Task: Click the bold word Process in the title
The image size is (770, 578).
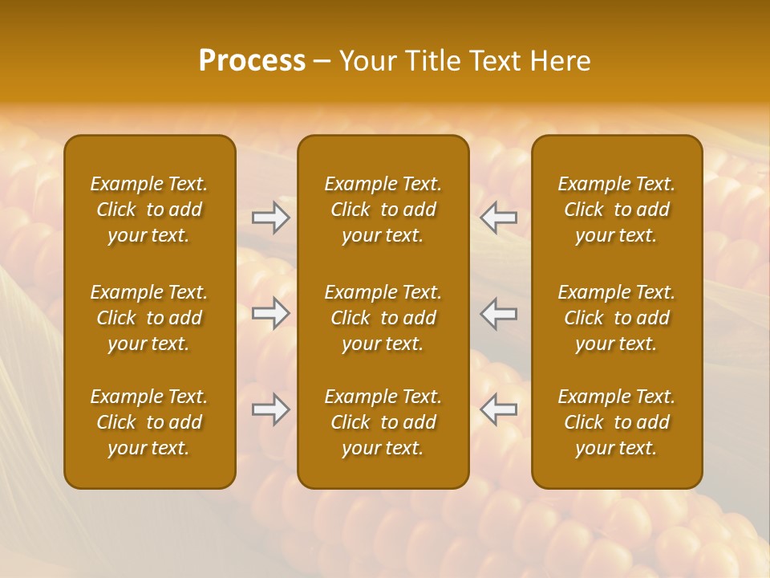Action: point(252,61)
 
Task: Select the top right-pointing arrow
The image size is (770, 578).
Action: point(271,218)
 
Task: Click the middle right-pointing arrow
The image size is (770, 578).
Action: point(271,313)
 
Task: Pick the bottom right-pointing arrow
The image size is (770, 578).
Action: point(271,409)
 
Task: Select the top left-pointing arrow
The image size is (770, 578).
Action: point(499,218)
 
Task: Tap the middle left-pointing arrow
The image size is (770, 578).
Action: point(499,313)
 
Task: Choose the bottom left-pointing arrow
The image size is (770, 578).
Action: point(499,409)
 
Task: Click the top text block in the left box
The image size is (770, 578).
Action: point(149,210)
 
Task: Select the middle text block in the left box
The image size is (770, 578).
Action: point(149,318)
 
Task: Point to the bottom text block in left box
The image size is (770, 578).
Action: point(149,422)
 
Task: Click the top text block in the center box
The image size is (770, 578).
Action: point(383,210)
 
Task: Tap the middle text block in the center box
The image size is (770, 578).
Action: point(383,318)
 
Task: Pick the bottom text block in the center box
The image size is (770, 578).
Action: point(383,422)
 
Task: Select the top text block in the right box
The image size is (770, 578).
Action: point(617,210)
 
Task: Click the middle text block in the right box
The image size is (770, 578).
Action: point(617,318)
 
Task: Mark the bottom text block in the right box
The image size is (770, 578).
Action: point(617,422)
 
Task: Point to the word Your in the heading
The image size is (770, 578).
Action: point(367,61)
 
